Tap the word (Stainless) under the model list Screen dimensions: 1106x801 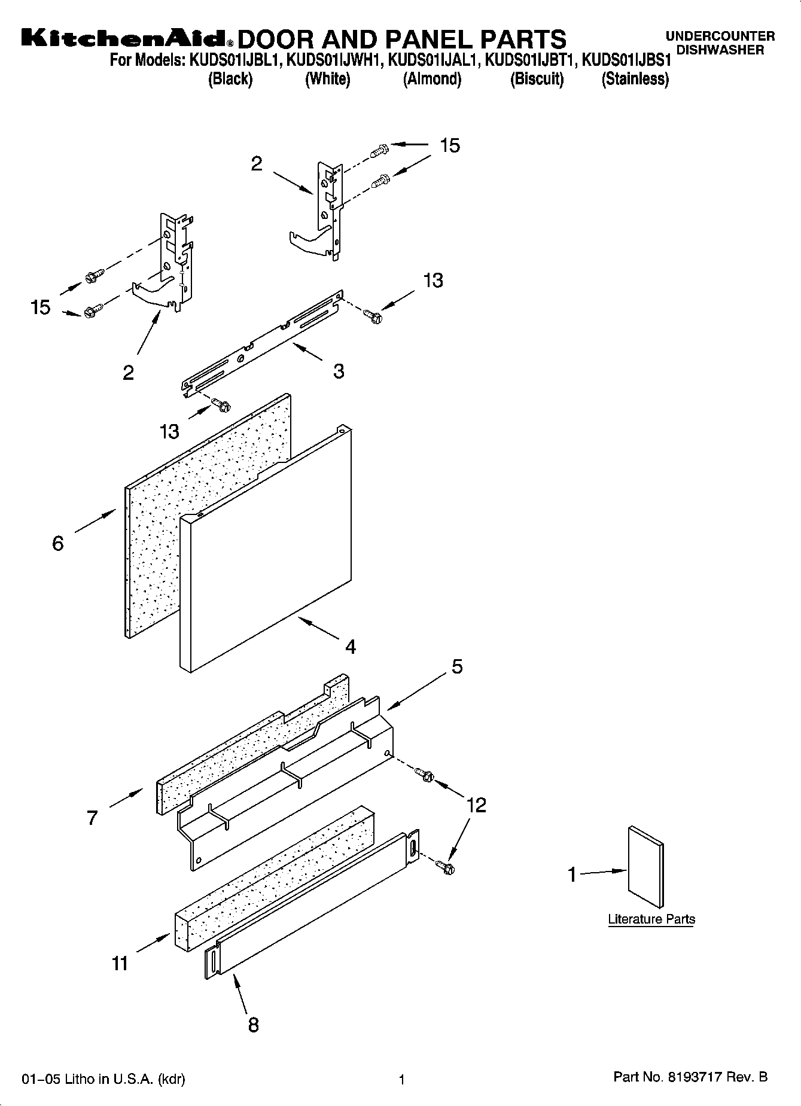pyautogui.click(x=635, y=79)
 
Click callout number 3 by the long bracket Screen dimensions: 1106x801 pyautogui.click(x=339, y=371)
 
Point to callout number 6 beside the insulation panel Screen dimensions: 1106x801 pyautogui.click(x=58, y=543)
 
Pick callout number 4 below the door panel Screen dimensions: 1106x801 pyautogui.click(x=351, y=647)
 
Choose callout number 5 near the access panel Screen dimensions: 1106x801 pyautogui.click(x=457, y=666)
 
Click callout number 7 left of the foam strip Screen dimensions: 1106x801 pyautogui.click(x=92, y=818)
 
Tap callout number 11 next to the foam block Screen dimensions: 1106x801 pyautogui.click(x=120, y=964)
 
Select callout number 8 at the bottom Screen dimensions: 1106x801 pyautogui.click(x=253, y=1025)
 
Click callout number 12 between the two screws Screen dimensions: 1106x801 pyautogui.click(x=476, y=805)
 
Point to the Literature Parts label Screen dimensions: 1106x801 pyautogui.click(x=651, y=919)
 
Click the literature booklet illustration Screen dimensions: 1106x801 pyautogui.click(x=645, y=867)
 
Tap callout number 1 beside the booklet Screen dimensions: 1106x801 pyautogui.click(x=572, y=875)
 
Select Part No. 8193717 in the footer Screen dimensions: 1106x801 pyautogui.click(x=690, y=1077)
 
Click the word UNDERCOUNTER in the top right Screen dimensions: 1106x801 pyautogui.click(x=720, y=36)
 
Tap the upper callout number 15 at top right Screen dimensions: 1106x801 pyautogui.click(x=450, y=145)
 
